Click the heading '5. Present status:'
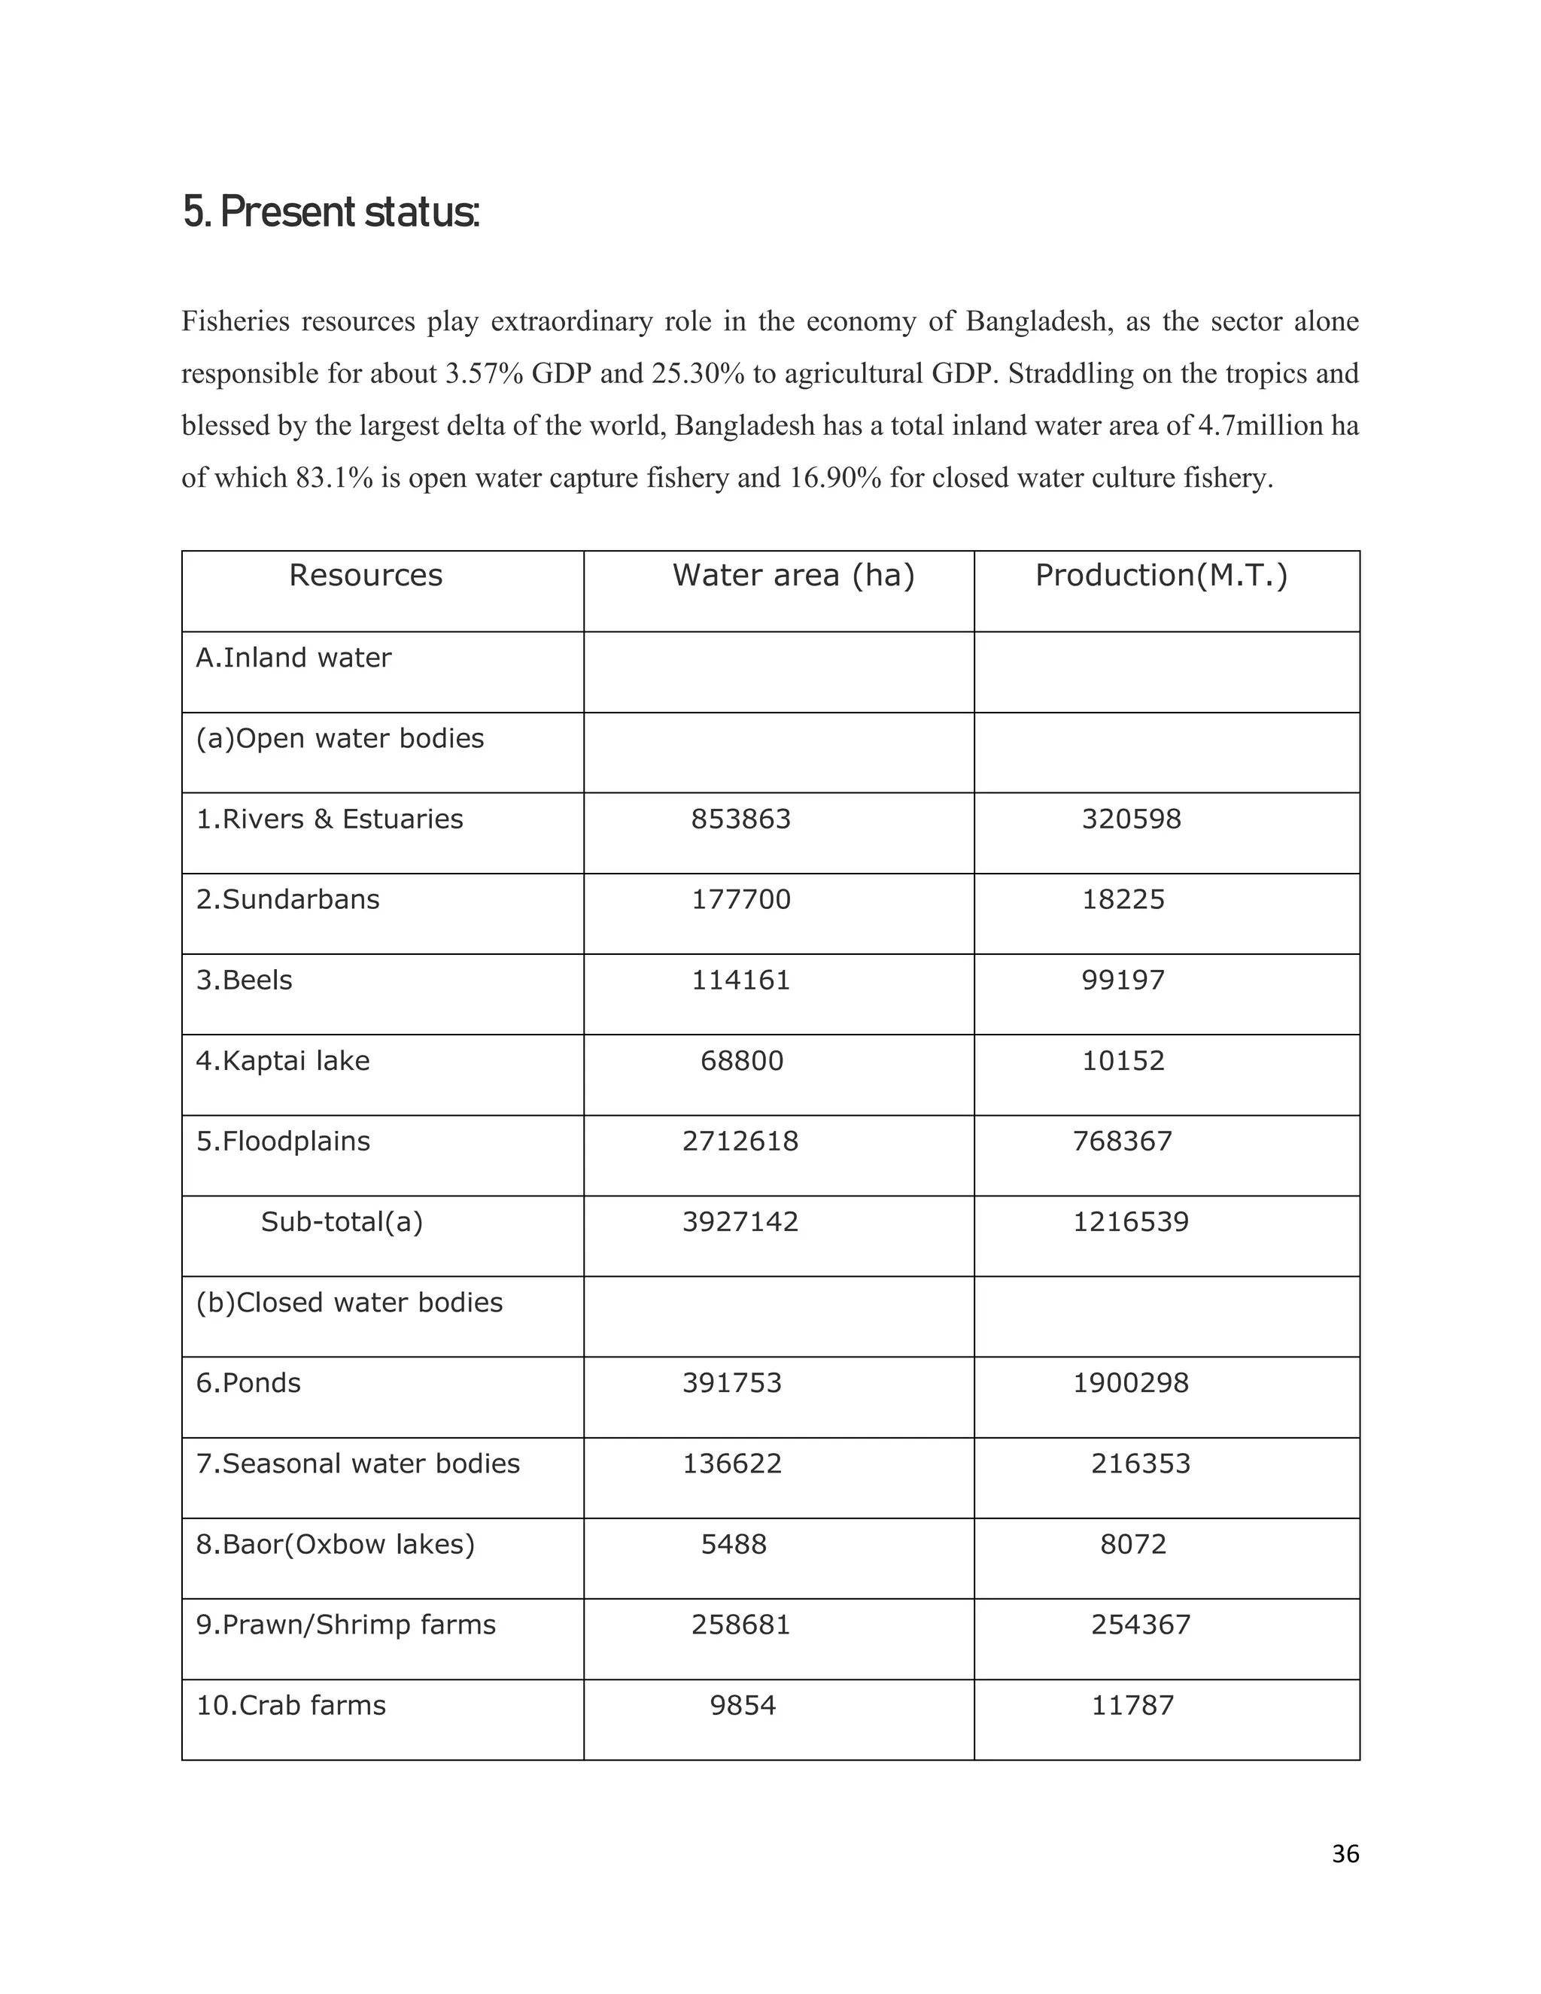(330, 212)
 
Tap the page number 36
(1345, 1854)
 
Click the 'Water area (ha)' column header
(793, 575)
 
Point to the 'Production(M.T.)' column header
(1160, 575)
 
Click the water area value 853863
(740, 819)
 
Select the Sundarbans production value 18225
(1123, 899)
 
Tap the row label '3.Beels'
(244, 980)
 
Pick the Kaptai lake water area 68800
(741, 1061)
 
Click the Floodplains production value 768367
(1122, 1141)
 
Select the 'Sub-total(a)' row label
(342, 1221)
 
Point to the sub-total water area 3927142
(740, 1221)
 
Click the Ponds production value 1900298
(1130, 1383)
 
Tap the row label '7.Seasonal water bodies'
(358, 1464)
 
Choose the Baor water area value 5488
(733, 1544)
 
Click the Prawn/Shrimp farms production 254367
(1140, 1625)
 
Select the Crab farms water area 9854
(742, 1706)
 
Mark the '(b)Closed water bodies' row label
(348, 1302)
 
